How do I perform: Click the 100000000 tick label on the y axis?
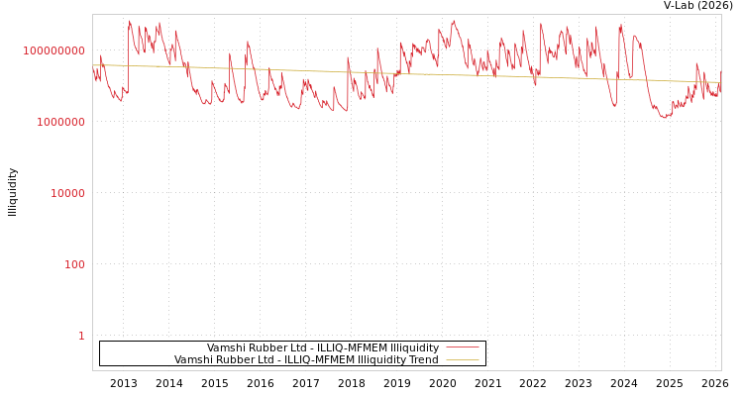[x=54, y=50]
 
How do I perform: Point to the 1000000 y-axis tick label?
[x=61, y=122]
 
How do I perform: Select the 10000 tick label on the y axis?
[x=68, y=193]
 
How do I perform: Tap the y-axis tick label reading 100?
[x=75, y=264]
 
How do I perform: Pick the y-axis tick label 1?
[x=81, y=336]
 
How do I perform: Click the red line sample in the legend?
[x=462, y=347]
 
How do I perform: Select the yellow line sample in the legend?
[x=462, y=359]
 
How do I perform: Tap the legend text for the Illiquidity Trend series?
[x=306, y=359]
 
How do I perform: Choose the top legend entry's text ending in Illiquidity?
[x=323, y=347]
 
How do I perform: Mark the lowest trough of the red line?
[x=666, y=117]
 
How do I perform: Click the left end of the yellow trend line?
[x=93, y=65]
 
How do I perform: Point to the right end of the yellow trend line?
[x=720, y=82]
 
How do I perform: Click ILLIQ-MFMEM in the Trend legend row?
[x=308, y=359]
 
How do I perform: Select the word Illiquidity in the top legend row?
[x=414, y=347]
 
